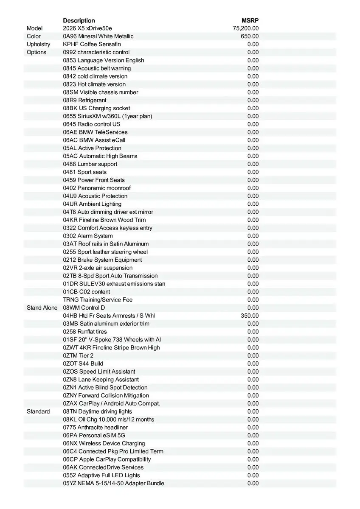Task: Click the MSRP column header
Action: tap(250, 20)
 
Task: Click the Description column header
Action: tap(79, 20)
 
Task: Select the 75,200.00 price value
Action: tap(246, 28)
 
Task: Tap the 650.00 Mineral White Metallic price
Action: tap(250, 36)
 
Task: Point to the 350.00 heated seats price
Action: tap(250, 316)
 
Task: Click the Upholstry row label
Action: tap(38, 44)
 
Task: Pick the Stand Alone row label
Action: tap(42, 308)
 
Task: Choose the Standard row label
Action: tap(38, 411)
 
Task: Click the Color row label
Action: tap(34, 36)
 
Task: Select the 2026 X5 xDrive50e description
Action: tap(87, 28)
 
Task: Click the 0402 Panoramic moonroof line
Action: tap(97, 188)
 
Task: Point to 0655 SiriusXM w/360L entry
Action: tap(107, 116)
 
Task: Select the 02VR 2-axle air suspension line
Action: tap(98, 268)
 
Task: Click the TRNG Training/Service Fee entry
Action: tap(98, 300)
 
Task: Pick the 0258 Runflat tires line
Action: tap(85, 332)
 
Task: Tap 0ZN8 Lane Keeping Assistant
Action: tap(101, 380)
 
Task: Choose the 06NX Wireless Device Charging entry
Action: tap(104, 443)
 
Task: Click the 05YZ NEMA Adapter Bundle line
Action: tap(113, 483)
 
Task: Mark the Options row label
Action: tap(37, 52)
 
